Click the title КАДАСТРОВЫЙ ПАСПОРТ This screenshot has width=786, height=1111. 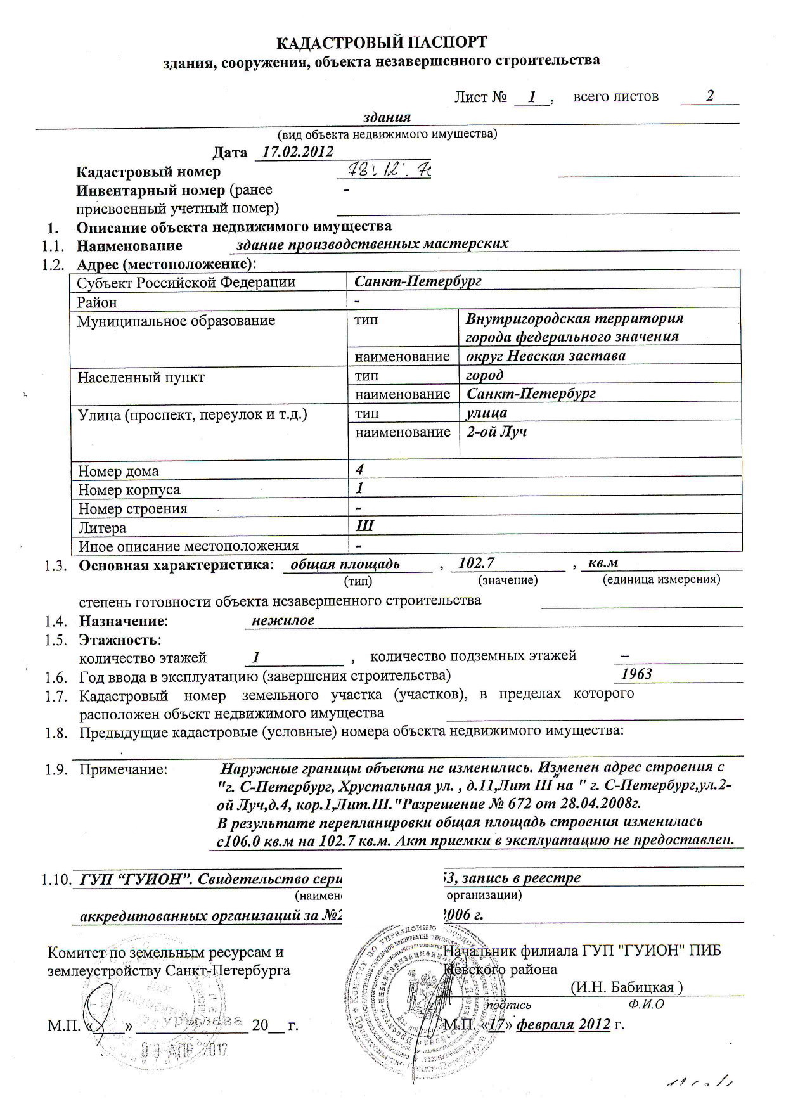[x=383, y=42]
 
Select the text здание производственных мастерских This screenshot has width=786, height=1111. [x=372, y=244]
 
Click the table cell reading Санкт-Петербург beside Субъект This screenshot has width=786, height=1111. [x=418, y=281]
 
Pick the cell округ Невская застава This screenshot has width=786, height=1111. [x=546, y=356]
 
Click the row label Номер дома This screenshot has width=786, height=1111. [x=119, y=472]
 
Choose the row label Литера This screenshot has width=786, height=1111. [x=102, y=528]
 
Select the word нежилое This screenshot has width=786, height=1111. [x=283, y=620]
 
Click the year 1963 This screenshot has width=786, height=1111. [x=636, y=674]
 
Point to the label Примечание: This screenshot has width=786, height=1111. [x=124, y=769]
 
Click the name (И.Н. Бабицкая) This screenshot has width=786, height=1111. [x=626, y=987]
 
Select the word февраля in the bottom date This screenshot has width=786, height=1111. [x=545, y=1025]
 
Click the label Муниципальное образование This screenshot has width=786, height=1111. [x=176, y=321]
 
